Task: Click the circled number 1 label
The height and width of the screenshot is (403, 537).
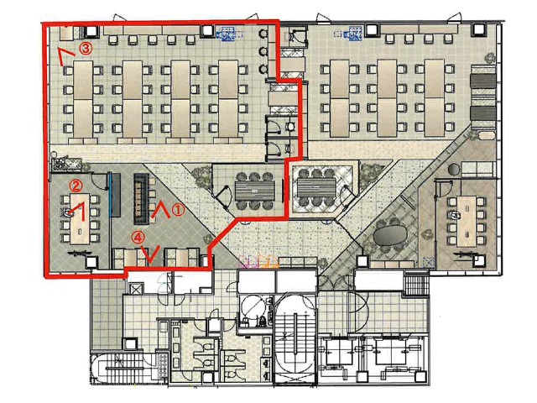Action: click(x=178, y=209)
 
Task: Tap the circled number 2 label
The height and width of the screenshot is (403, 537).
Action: click(x=76, y=186)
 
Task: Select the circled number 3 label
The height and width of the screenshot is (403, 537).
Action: click(x=86, y=49)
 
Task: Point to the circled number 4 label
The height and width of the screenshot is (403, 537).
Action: click(x=138, y=238)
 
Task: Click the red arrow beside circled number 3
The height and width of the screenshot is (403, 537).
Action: click(x=65, y=56)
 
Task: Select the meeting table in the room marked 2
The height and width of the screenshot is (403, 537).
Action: click(x=80, y=218)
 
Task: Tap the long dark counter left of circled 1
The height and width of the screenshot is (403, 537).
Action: click(x=141, y=198)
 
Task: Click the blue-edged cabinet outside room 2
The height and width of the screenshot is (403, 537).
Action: click(x=114, y=194)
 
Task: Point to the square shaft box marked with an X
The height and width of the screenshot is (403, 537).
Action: click(x=134, y=288)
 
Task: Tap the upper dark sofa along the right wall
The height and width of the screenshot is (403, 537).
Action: click(x=483, y=81)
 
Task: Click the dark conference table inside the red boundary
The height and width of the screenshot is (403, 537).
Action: click(x=255, y=191)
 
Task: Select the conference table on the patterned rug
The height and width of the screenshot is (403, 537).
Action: click(x=316, y=187)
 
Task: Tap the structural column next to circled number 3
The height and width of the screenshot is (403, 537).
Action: click(x=91, y=32)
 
